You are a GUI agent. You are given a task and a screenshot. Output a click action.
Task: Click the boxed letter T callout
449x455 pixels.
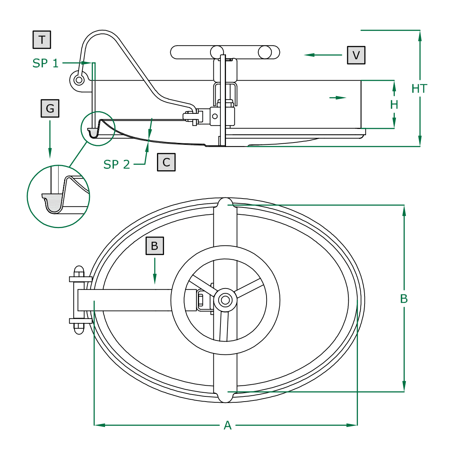coord(42,40)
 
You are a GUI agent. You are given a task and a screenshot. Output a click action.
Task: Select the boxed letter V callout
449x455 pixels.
coord(356,55)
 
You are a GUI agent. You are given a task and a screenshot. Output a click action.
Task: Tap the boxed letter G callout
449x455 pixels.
coord(50,108)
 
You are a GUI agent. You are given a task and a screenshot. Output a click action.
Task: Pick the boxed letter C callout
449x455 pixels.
coord(166,162)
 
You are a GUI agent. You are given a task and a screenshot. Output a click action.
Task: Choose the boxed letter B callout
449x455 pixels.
coord(154,246)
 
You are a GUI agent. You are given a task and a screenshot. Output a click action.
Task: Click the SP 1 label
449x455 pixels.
coord(45,63)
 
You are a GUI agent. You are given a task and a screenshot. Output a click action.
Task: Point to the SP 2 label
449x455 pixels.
coord(116,164)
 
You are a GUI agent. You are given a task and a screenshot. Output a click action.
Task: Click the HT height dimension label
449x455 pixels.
coord(419,89)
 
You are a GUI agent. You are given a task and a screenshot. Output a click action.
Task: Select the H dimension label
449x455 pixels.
coord(394,105)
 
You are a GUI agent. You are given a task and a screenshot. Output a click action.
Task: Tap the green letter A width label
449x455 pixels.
coord(227,426)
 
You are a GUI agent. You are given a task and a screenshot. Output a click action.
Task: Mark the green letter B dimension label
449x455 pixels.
coord(404,299)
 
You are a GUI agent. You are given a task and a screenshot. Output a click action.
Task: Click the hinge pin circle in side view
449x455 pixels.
coord(79,80)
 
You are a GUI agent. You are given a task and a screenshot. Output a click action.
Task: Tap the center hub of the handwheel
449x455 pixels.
coord(225,300)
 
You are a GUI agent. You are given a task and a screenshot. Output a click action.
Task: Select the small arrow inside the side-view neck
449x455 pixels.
coord(338,98)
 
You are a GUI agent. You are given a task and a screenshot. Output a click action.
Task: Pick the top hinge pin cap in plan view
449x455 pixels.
coord(79,271)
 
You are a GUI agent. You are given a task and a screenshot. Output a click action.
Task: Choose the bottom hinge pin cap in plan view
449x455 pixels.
coord(79,328)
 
